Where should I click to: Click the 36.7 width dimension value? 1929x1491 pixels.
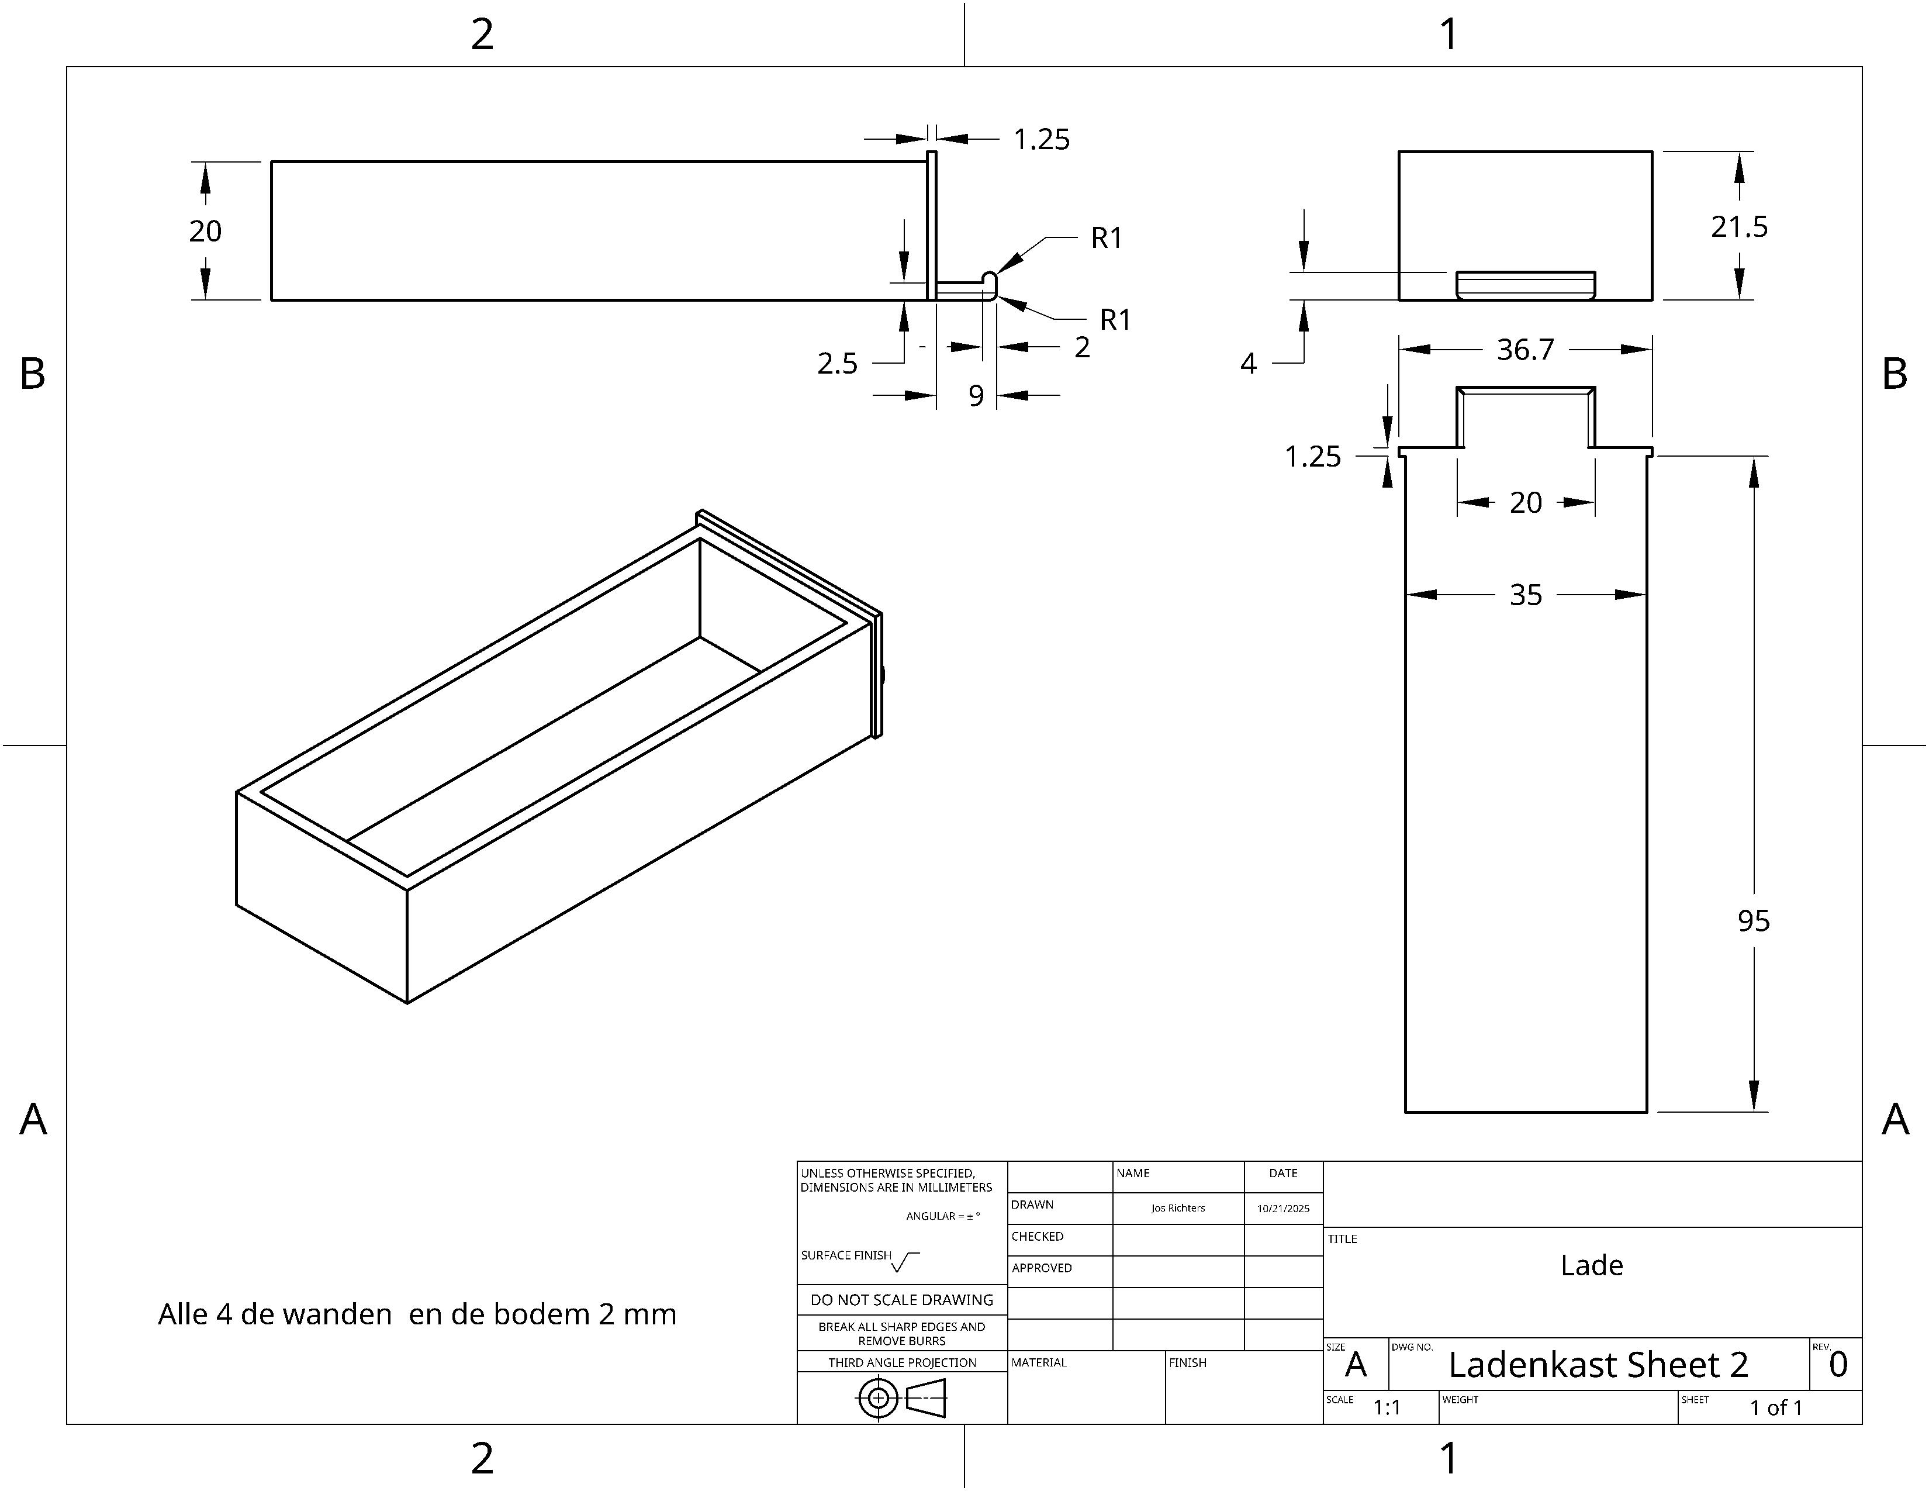click(1524, 350)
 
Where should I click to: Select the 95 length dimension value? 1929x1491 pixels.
click(1753, 921)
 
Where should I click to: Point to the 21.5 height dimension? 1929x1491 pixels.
click(1739, 227)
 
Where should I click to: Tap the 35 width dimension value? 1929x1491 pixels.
click(1525, 595)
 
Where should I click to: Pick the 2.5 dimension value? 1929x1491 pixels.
click(837, 363)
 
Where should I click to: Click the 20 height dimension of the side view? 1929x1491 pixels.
click(205, 232)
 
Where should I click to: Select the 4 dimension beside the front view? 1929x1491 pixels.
click(1248, 363)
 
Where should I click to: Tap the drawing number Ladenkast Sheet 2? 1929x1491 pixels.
click(1598, 1365)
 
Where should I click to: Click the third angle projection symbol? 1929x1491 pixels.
click(901, 1398)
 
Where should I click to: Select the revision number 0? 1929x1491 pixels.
click(1838, 1365)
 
